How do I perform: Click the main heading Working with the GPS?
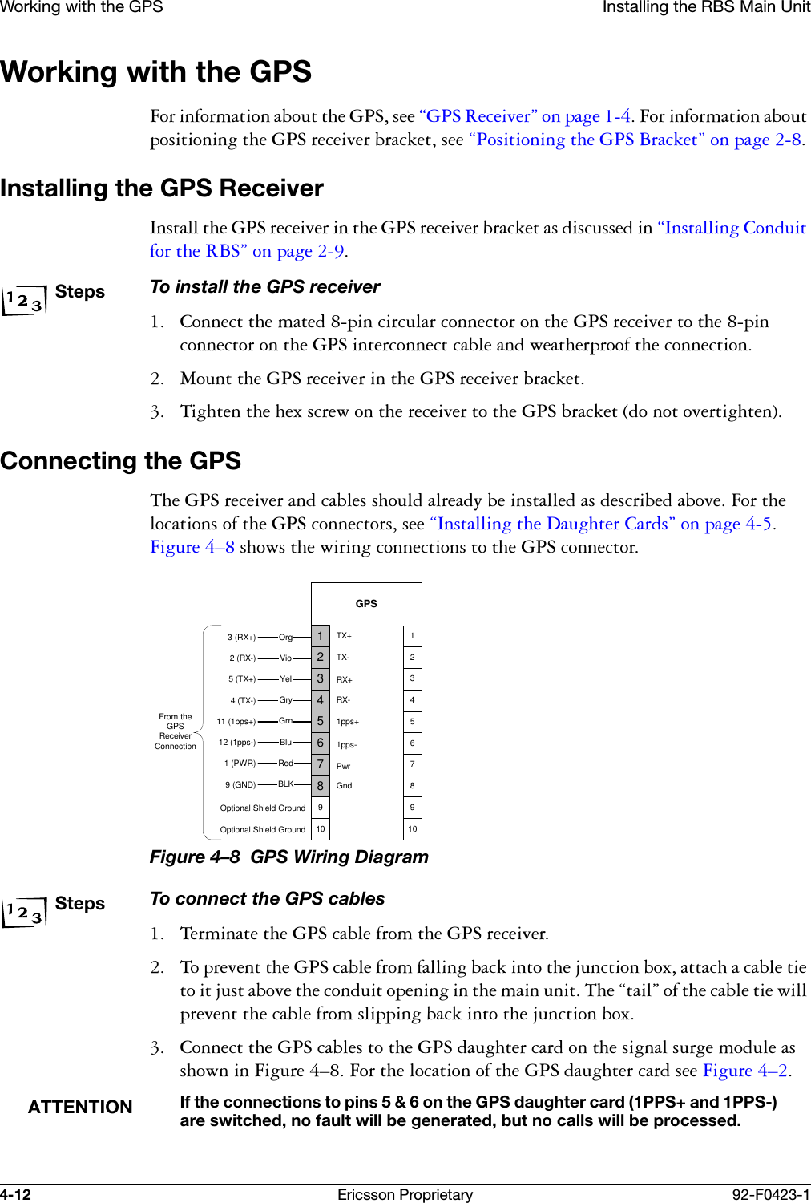(x=156, y=72)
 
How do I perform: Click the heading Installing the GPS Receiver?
(x=162, y=188)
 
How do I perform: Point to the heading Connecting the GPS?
(x=121, y=461)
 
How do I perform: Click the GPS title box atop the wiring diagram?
(x=366, y=604)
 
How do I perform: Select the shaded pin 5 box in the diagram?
(x=321, y=721)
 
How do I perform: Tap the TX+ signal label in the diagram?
(x=344, y=636)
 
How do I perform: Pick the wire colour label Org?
(x=285, y=638)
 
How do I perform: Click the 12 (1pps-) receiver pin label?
(x=237, y=743)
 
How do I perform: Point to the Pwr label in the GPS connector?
(x=343, y=766)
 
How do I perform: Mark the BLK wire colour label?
(x=285, y=784)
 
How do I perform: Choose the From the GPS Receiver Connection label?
(x=176, y=731)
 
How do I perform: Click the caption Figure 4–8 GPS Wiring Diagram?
(x=288, y=857)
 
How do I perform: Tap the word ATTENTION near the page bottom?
(x=80, y=1108)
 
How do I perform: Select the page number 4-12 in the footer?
(x=16, y=1195)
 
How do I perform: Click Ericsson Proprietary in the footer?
(x=405, y=1195)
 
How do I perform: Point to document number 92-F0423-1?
(x=770, y=1195)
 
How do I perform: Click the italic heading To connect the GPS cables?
(x=267, y=899)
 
